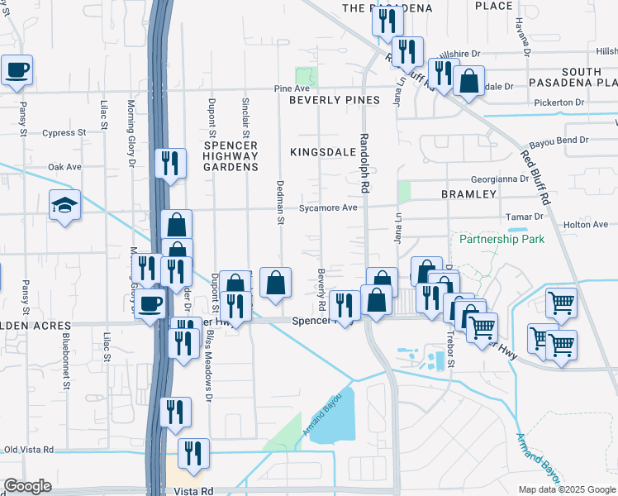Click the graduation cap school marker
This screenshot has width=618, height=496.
coord(64,205)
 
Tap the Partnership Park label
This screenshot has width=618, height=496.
coord(502,239)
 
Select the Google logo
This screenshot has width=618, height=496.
coord(27,486)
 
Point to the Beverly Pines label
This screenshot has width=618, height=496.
coord(334,100)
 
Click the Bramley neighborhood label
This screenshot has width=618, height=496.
coord(468,194)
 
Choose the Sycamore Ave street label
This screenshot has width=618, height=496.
coord(328,207)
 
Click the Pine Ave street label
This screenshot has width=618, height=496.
coord(292,88)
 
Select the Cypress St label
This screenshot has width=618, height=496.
coord(64,132)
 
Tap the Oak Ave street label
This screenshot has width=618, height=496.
coord(64,167)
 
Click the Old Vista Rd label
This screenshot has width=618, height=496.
coord(29,450)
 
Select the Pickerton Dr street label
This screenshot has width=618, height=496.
coord(559,103)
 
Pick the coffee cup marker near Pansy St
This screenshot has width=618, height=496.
coord(17,70)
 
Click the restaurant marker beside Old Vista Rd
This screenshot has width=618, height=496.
coord(193,454)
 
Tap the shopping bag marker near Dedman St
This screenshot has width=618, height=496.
coord(275,283)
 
